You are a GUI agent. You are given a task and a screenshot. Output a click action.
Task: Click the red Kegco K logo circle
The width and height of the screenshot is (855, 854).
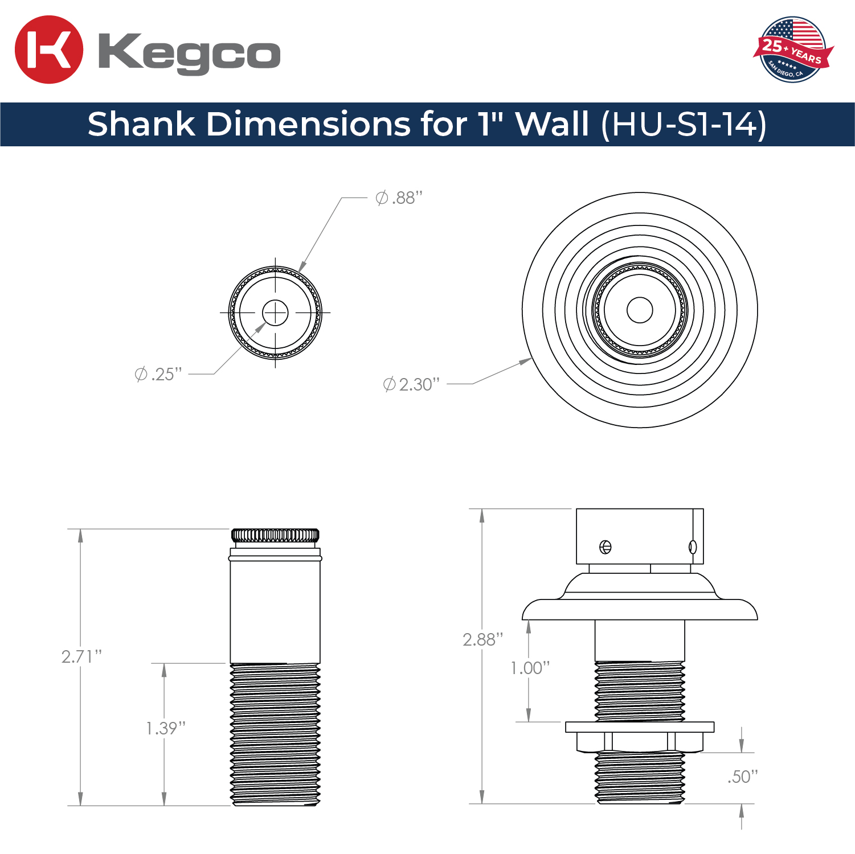point(49,50)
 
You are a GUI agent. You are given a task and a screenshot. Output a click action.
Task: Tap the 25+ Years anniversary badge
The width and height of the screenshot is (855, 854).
point(793,50)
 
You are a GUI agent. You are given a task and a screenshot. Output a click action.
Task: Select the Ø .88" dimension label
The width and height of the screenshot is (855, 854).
point(399,198)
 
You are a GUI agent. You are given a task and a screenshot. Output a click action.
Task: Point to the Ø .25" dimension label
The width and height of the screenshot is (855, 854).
point(158,374)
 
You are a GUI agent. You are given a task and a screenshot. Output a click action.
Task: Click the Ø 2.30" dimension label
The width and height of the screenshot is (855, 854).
point(411,384)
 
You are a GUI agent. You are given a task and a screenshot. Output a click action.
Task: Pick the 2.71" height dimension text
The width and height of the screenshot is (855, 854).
point(81,656)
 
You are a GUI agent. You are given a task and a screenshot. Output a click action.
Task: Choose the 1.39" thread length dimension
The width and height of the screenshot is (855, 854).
point(166,728)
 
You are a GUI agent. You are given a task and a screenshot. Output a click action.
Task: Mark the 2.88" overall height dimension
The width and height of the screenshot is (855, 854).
point(483,639)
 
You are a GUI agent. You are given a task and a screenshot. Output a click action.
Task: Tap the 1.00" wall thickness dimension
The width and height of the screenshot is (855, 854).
point(530,668)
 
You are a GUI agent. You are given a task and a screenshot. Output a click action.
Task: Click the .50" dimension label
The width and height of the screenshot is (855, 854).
point(743,777)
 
